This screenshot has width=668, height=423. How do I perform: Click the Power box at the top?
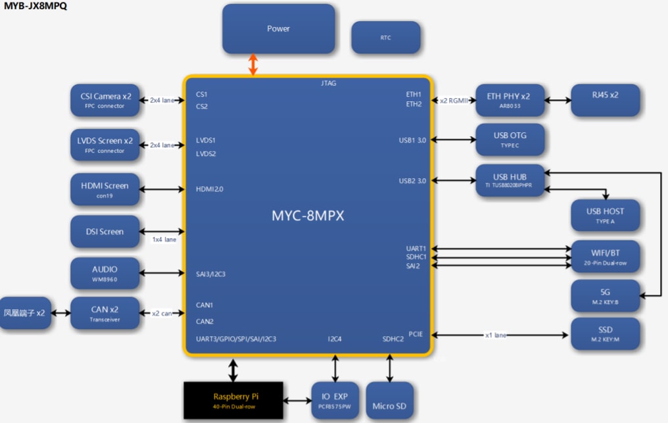point(278,29)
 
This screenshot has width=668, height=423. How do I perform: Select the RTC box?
point(385,37)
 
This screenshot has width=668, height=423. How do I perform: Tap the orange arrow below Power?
point(253,64)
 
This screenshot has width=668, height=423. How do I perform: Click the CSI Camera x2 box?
point(105,100)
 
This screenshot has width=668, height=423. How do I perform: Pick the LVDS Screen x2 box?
point(105,145)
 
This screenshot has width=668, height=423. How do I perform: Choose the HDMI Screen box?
point(105,189)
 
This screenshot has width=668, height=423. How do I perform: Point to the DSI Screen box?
point(105,232)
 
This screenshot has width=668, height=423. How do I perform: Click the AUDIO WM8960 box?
point(105,273)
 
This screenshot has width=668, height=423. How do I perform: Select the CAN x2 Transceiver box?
point(105,313)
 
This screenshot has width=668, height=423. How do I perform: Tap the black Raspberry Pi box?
point(233,401)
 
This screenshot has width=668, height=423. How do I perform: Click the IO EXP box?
point(335,401)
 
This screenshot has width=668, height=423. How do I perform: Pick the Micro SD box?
point(390,401)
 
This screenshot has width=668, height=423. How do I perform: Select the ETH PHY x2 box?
point(510,100)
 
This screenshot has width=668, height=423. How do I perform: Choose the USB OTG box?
point(510,139)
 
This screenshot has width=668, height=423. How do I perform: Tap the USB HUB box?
point(510,181)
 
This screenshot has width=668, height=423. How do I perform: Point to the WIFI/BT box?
point(605,257)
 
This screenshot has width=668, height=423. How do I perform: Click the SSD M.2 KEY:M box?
point(605,334)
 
